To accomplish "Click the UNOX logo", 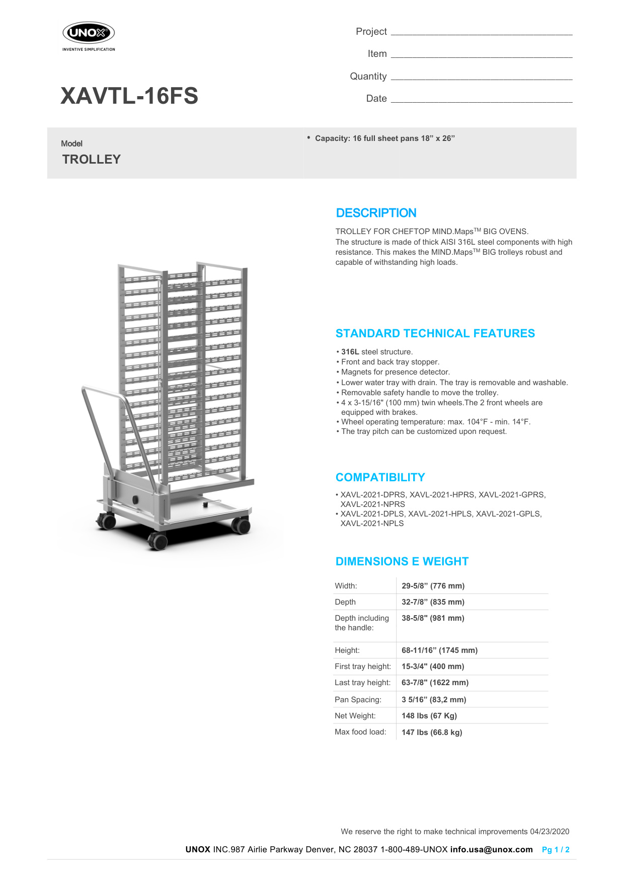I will [89, 34].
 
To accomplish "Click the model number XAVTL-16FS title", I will [129, 96].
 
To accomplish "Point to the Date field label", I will [376, 99].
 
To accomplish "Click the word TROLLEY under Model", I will [92, 160].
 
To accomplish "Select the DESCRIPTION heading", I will [376, 213].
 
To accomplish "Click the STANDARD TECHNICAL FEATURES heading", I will [435, 333].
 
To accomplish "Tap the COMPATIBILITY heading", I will [380, 477].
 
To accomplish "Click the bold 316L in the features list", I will [350, 352].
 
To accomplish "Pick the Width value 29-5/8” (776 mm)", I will [433, 586].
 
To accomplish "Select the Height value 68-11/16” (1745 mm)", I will [439, 650].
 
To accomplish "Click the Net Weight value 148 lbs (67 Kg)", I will [429, 716].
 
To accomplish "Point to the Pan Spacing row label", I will [358, 700].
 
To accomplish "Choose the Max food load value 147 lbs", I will [431, 732].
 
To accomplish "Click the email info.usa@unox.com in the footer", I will [491, 850].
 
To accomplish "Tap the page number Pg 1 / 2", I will [556, 850].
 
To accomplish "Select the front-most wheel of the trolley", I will [158, 542].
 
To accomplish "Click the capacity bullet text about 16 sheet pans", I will [384, 138].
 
